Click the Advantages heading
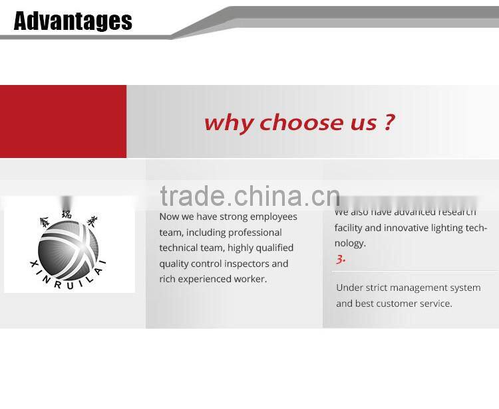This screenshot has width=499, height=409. click(73, 21)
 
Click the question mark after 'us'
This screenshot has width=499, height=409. click(389, 122)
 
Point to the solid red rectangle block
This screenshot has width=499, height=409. click(63, 122)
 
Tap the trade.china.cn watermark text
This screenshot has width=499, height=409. click(249, 196)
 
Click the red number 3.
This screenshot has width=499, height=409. click(340, 260)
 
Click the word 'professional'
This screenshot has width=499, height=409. click(255, 232)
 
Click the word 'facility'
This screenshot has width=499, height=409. click(348, 228)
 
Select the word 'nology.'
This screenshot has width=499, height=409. click(350, 243)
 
